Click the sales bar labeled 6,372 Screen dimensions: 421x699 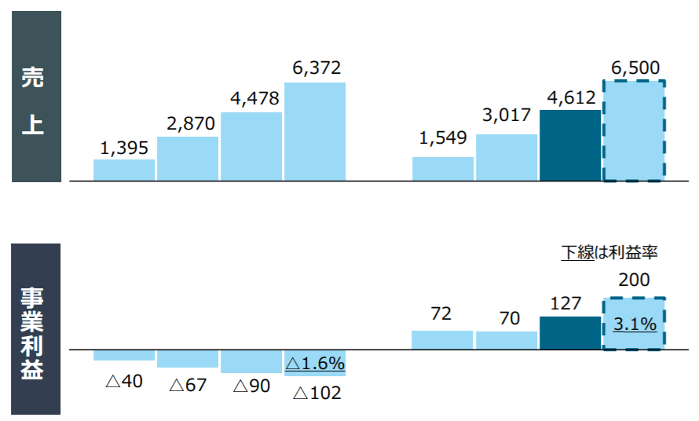[314, 131]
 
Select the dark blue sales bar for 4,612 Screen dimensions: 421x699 [569, 145]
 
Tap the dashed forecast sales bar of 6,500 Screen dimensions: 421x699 [634, 131]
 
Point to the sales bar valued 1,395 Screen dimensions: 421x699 [123, 170]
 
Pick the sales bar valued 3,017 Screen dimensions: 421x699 [507, 158]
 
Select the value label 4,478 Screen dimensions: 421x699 [251, 100]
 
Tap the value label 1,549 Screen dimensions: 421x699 [443, 138]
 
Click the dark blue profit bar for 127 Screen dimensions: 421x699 [569, 332]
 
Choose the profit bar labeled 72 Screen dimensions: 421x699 [442, 339]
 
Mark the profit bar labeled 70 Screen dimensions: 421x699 [507, 340]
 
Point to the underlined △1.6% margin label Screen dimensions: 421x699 [315, 364]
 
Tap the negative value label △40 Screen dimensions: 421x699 [123, 382]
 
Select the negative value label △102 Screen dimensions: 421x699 [317, 393]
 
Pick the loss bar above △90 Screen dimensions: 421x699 [251, 361]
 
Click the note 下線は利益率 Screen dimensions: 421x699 [609, 252]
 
